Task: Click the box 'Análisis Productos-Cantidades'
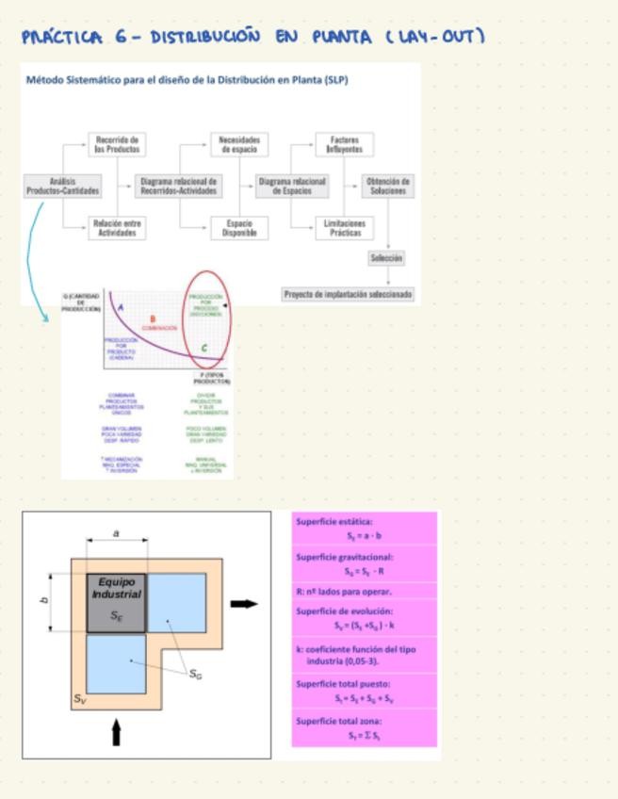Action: coord(62,186)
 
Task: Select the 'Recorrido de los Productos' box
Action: coord(118,145)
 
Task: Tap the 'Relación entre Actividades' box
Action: coord(118,228)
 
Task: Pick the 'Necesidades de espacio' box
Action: coord(236,145)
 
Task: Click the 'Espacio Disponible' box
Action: coord(236,228)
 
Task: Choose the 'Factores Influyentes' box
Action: coord(343,145)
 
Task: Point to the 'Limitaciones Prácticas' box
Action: coord(343,228)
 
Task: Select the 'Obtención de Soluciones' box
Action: coord(387,186)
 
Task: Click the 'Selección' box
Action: coord(387,257)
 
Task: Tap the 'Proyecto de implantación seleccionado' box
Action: coord(348,294)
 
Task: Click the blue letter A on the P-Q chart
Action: coord(120,307)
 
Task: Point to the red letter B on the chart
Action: coord(153,319)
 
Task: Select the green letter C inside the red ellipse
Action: coord(204,349)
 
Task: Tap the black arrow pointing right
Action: coord(244,603)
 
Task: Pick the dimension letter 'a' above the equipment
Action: coord(117,533)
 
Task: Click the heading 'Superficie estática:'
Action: coord(334,521)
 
